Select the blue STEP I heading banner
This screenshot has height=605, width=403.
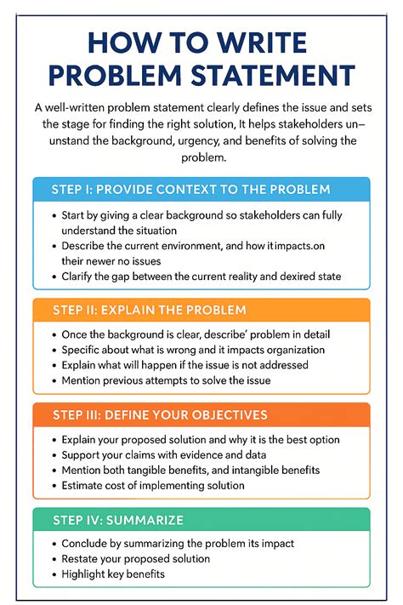pos(201,189)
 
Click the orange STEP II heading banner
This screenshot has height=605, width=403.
pos(201,311)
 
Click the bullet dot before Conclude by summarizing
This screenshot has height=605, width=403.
pos(54,543)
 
